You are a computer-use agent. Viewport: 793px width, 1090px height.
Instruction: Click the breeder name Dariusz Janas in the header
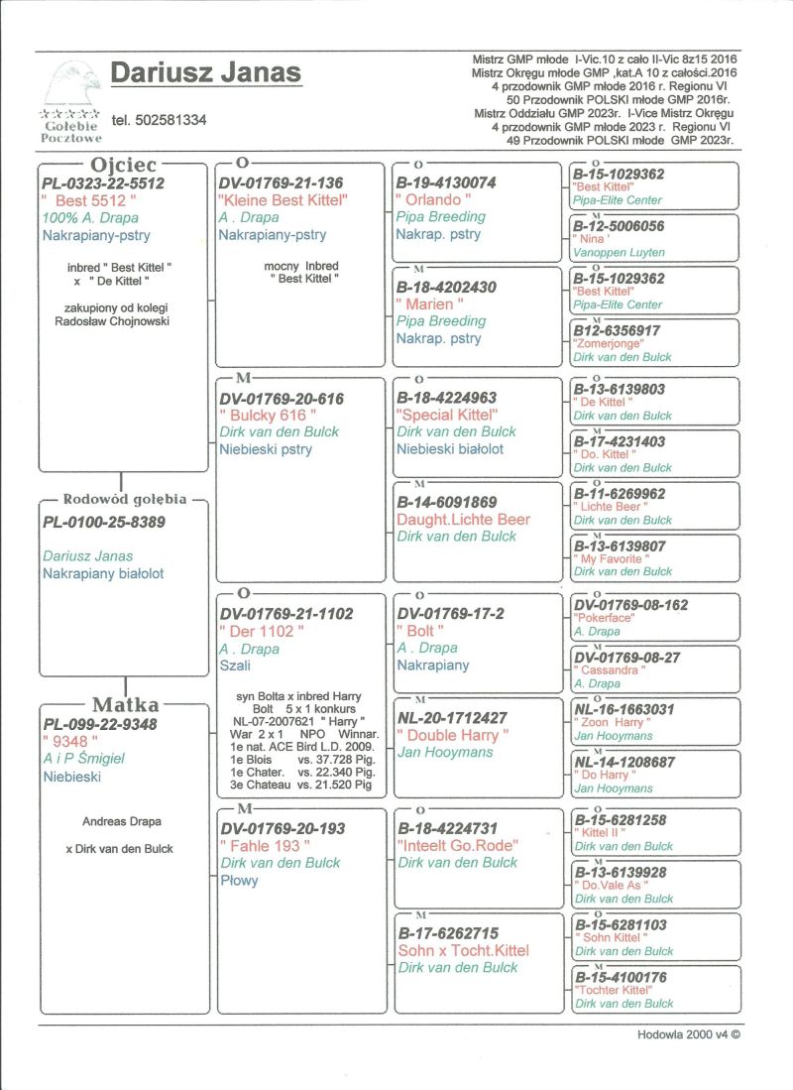tap(205, 72)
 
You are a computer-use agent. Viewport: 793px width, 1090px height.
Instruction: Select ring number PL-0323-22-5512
tap(103, 183)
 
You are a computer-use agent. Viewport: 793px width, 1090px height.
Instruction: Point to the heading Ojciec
tap(124, 164)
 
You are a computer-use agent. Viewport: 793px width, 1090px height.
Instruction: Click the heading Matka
tap(125, 705)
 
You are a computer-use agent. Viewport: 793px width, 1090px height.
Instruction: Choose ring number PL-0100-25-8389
tap(103, 522)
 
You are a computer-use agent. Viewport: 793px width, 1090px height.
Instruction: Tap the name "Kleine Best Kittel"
tap(283, 200)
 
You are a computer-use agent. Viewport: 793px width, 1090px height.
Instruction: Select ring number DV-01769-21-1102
tap(286, 614)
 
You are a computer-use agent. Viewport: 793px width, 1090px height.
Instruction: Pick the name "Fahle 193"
tap(266, 846)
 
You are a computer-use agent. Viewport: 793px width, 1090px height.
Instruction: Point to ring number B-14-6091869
tap(447, 502)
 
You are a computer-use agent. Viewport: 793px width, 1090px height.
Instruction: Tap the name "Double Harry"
tap(453, 735)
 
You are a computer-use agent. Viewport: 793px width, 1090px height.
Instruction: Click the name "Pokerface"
tap(609, 618)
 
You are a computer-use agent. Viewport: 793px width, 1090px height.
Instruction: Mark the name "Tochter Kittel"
tap(613, 990)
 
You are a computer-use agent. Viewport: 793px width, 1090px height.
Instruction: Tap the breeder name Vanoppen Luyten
tap(618, 253)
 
